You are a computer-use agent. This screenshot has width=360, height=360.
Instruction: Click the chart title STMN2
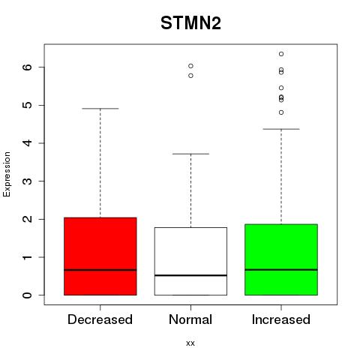tap(190, 23)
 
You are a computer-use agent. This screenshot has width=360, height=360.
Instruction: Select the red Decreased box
tap(100, 256)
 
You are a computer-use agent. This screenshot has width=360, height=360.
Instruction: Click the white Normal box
tap(190, 261)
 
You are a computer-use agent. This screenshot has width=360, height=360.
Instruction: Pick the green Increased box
tap(281, 259)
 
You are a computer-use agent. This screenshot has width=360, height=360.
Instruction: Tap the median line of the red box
tap(100, 270)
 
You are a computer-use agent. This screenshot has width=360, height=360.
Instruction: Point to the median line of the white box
tap(190, 275)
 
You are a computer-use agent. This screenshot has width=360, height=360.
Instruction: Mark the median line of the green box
tap(281, 270)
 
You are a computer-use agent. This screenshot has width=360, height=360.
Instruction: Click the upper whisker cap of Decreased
tap(100, 109)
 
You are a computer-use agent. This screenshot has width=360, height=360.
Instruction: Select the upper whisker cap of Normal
tap(190, 154)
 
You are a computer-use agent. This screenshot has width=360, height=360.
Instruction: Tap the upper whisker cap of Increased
tap(281, 129)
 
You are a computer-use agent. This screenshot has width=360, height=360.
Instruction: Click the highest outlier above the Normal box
tap(190, 66)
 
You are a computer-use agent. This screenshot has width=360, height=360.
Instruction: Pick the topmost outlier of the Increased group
tap(281, 54)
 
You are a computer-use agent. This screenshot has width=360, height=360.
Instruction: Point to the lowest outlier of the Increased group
tap(281, 112)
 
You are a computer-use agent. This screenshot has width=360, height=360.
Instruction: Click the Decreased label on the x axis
tap(100, 319)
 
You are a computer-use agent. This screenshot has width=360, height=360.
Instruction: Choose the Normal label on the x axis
tap(190, 319)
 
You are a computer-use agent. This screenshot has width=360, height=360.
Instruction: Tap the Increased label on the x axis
tap(281, 319)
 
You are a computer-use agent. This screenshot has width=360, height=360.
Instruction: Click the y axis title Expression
tap(7, 174)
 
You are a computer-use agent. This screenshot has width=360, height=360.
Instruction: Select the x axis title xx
tap(190, 343)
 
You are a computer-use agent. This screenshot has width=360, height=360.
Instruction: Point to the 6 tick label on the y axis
tap(28, 67)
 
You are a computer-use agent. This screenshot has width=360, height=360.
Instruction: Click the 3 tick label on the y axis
tap(28, 181)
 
